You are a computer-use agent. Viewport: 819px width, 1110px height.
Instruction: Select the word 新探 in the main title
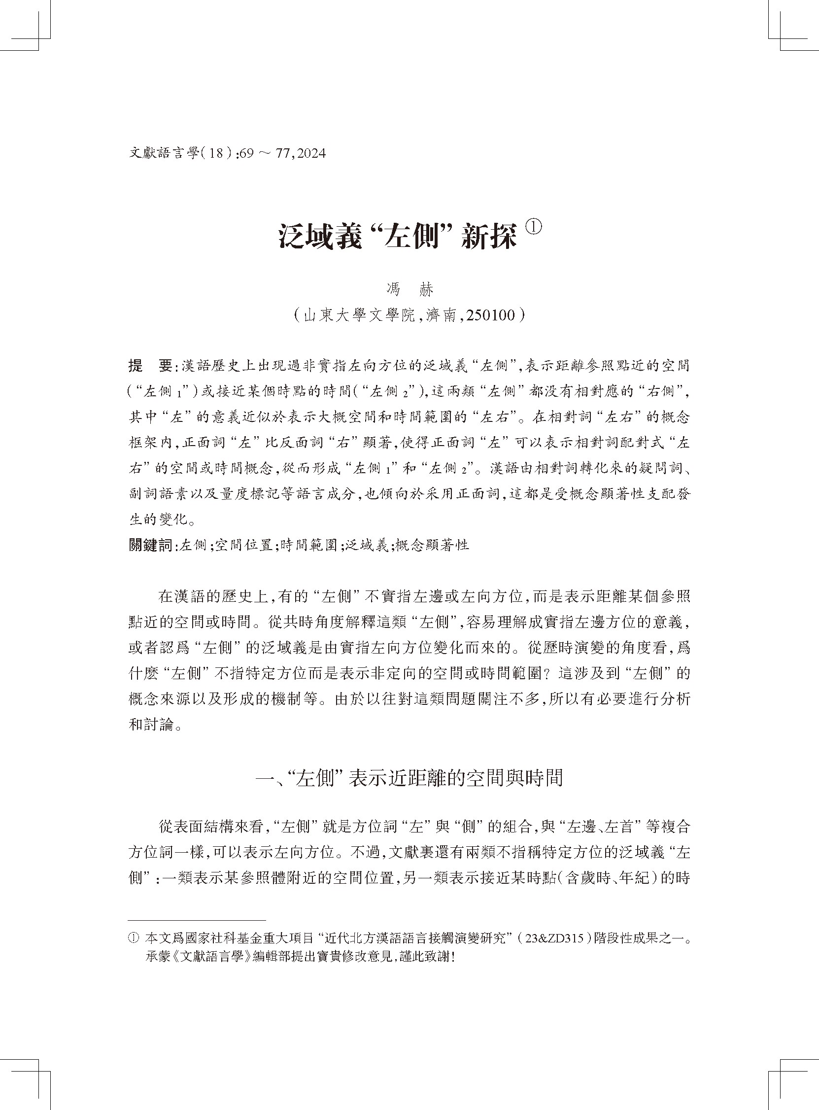488,237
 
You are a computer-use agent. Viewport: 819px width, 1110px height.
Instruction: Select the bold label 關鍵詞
150,545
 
